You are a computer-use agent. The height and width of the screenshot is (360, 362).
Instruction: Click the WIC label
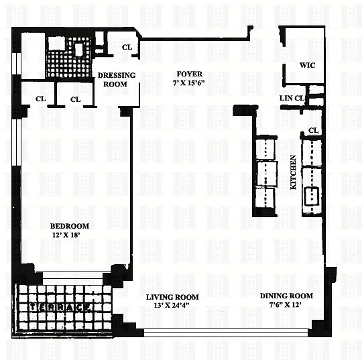307,65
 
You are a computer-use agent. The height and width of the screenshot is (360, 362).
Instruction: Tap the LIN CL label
292,98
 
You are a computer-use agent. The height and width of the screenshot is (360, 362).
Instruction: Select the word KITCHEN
293,172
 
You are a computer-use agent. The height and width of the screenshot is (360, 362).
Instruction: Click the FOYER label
189,74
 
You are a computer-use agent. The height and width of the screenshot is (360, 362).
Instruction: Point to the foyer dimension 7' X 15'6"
189,83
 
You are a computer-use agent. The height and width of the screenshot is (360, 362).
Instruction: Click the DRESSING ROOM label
117,79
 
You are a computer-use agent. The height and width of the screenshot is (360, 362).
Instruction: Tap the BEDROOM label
70,226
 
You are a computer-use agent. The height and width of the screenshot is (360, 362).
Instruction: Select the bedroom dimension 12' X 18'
66,235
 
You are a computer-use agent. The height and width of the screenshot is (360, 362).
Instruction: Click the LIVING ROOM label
172,297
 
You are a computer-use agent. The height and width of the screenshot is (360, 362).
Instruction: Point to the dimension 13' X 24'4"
172,305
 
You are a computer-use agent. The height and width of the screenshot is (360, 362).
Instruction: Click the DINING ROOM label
286,296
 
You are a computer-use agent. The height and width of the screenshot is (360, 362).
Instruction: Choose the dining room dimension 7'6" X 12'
286,305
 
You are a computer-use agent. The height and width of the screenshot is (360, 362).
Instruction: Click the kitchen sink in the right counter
312,196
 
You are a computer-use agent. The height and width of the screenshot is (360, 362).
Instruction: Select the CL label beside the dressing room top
127,47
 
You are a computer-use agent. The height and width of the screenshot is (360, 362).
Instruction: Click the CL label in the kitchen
313,131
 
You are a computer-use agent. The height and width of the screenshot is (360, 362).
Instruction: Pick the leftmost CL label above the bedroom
41,99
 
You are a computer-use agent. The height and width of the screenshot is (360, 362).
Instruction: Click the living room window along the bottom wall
226,333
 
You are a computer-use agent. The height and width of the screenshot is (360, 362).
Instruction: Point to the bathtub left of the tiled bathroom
33,56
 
